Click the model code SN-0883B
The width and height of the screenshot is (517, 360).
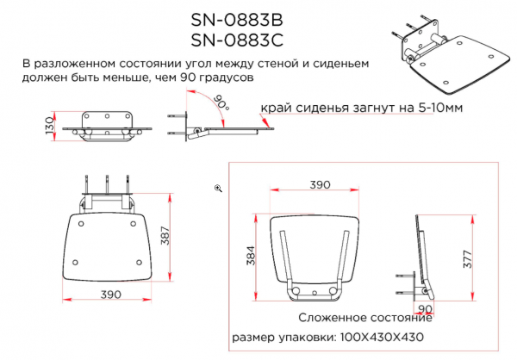click(x=237, y=21)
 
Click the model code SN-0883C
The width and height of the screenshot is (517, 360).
click(x=237, y=40)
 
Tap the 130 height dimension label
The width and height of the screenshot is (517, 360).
click(x=49, y=125)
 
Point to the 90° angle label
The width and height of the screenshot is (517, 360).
click(x=221, y=102)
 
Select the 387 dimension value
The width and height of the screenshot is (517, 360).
click(x=165, y=236)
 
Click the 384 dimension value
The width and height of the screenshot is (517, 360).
click(x=251, y=256)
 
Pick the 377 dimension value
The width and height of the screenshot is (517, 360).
click(x=468, y=259)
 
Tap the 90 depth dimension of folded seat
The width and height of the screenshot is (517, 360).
click(x=425, y=309)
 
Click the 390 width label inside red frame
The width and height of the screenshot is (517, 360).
click(x=320, y=184)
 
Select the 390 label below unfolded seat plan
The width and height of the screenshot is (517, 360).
click(x=111, y=295)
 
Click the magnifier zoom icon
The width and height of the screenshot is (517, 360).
click(x=218, y=189)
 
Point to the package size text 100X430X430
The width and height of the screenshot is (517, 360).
click(x=382, y=338)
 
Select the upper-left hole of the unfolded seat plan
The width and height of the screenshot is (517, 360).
click(x=81, y=224)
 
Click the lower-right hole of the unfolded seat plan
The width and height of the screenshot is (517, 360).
click(x=139, y=263)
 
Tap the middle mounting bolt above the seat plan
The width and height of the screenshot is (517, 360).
click(x=107, y=183)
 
